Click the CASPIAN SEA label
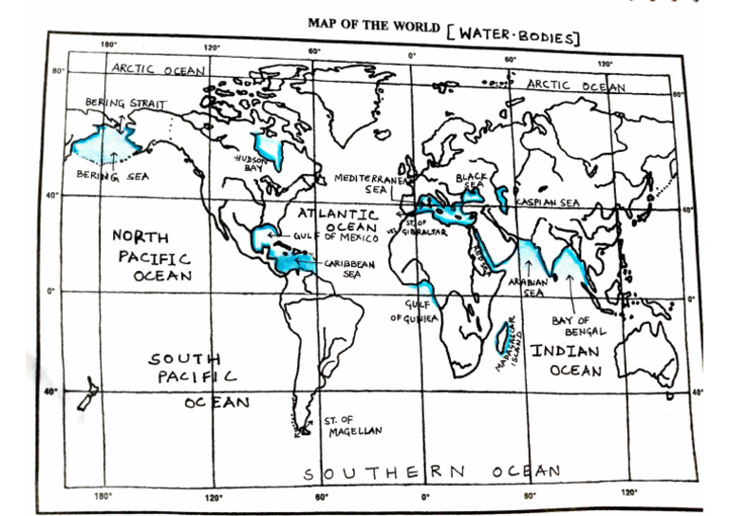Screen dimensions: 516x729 pyautogui.click(x=548, y=202)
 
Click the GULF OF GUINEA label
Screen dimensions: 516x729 pyautogui.click(x=414, y=311)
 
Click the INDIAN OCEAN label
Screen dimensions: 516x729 pyautogui.click(x=564, y=360)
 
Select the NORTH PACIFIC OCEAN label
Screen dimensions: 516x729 pyautogui.click(x=152, y=256)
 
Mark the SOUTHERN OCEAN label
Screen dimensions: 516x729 pyautogui.click(x=432, y=471)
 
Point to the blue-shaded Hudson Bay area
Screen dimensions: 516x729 pyautogui.click(x=274, y=147)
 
